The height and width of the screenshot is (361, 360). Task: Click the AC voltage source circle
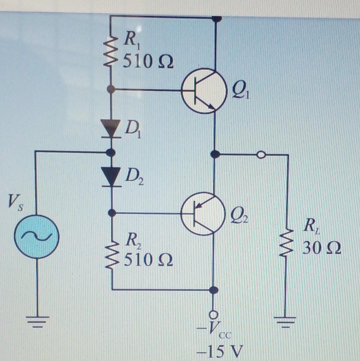tap(36, 236)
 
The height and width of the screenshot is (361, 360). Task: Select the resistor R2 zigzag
tap(112, 255)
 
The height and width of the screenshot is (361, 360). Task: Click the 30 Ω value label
tap(322, 249)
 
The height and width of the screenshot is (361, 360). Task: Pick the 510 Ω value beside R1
tap(148, 62)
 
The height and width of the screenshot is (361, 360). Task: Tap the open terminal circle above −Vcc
tap(213, 314)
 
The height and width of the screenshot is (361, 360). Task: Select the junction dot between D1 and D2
tap(111, 153)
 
